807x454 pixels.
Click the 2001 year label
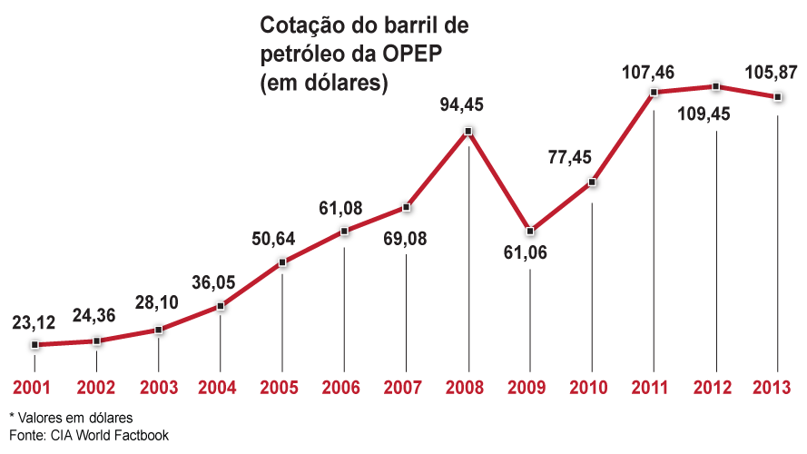pyautogui.click(x=34, y=388)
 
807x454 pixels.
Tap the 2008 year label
pyautogui.click(x=467, y=388)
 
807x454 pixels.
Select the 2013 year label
pyautogui.click(x=777, y=388)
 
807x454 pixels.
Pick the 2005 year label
pyautogui.click(x=281, y=388)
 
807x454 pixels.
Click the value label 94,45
pyautogui.click(x=466, y=105)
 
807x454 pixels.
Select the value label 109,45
pyautogui.click(x=714, y=116)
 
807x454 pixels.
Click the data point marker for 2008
pyautogui.click(x=467, y=132)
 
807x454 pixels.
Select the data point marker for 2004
pyautogui.click(x=221, y=307)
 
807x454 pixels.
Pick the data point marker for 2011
pyautogui.click(x=654, y=92)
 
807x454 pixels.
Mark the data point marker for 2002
pyautogui.click(x=97, y=341)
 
